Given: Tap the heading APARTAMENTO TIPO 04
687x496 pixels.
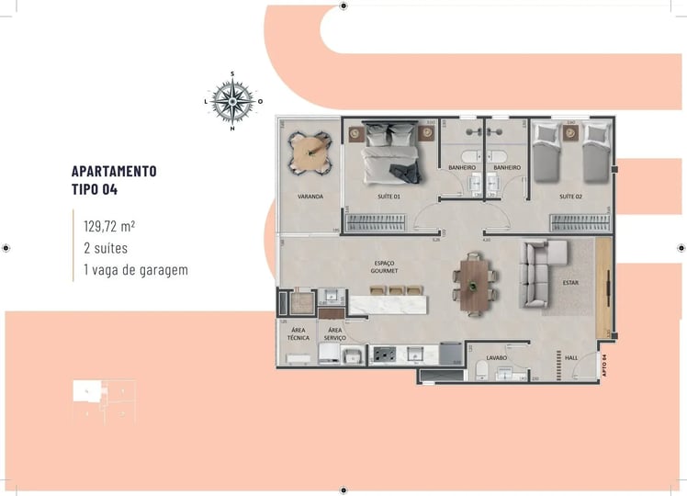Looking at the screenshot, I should tap(114, 181).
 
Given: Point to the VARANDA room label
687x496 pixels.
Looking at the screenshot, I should tap(310, 197).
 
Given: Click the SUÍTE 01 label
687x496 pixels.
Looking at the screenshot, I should tap(389, 197).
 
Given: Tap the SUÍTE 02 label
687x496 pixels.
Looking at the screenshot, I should tap(571, 197).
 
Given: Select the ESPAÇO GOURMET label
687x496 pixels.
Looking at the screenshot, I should tap(383, 267).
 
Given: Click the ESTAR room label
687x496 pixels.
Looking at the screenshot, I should tap(570, 282).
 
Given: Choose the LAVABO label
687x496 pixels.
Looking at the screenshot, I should tap(498, 357).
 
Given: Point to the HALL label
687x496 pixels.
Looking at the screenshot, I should tap(570, 357).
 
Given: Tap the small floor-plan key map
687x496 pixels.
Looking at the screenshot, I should tap(104, 402).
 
